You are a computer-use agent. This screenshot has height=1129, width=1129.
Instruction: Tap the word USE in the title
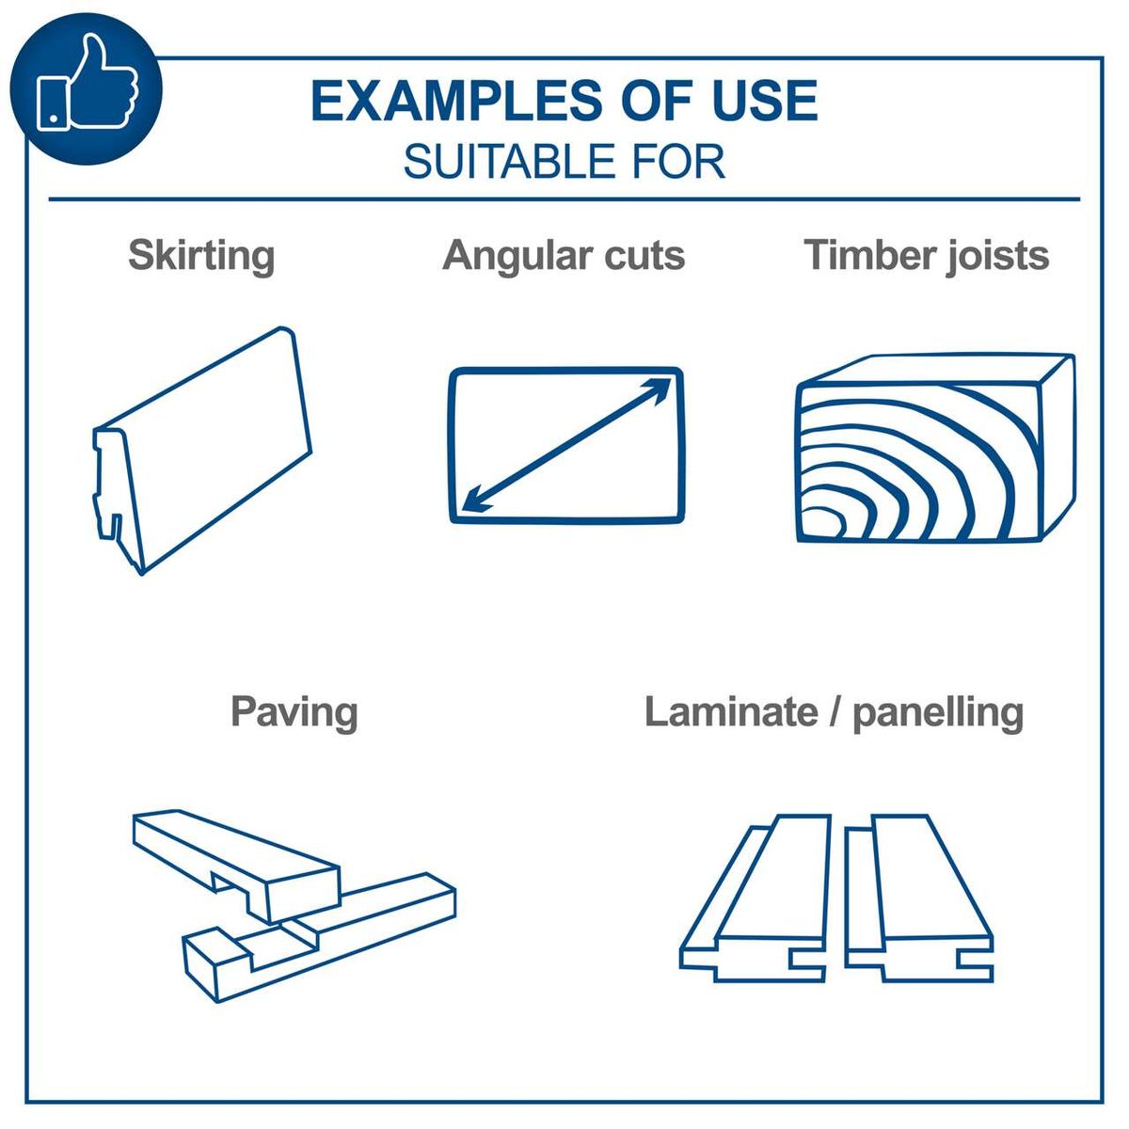[764, 101]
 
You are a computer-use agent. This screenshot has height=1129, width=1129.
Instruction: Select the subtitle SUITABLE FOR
[564, 162]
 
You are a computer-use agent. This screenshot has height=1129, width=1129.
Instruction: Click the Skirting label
[201, 255]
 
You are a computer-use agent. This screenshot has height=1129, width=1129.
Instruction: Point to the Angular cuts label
[564, 255]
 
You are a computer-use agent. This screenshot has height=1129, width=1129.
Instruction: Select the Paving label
[294, 711]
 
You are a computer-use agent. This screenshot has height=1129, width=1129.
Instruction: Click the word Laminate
[731, 711]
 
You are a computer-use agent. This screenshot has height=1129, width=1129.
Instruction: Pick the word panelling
[937, 712]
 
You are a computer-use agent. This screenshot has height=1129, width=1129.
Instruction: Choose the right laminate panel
[917, 903]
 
